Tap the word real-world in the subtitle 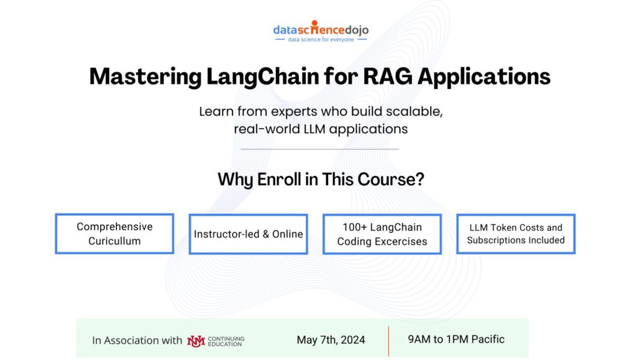click(263, 129)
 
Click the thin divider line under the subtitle click(320, 149)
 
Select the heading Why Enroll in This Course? click(321, 180)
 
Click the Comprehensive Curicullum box click(114, 234)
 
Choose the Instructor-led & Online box click(249, 234)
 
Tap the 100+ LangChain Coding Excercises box click(382, 234)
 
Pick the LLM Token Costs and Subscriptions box click(516, 234)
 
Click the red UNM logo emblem click(196, 341)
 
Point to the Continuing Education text click(226, 341)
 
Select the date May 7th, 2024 click(331, 340)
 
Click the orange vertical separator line click(389, 341)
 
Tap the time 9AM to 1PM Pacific click(456, 339)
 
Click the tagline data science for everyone click(320, 39)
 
